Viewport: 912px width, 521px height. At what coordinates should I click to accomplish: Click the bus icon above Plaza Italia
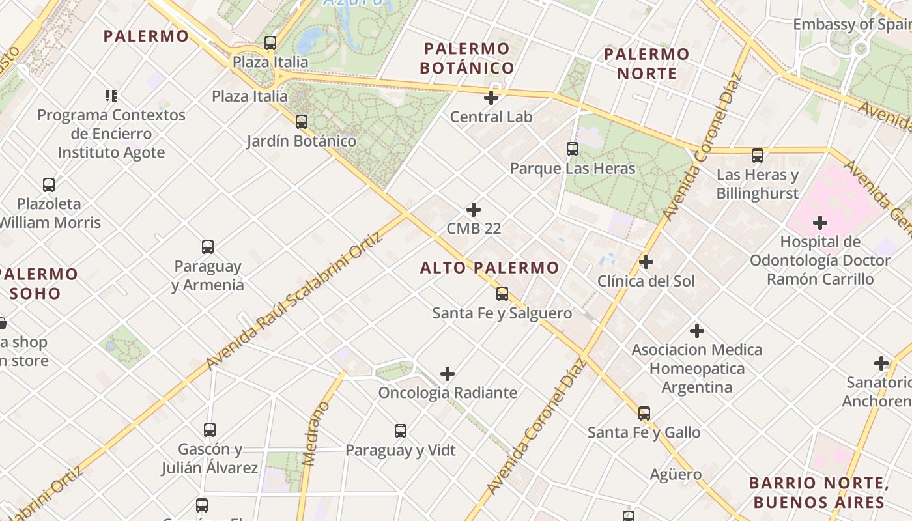tap(270, 43)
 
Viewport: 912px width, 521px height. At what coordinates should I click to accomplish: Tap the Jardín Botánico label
tap(302, 141)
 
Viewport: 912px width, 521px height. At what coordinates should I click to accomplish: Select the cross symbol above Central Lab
tap(491, 98)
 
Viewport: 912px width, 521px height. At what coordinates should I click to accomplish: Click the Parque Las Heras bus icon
tap(573, 149)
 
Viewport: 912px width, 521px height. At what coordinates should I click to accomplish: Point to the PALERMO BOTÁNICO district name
tap(467, 58)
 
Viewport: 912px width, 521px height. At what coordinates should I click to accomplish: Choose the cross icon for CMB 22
tap(474, 210)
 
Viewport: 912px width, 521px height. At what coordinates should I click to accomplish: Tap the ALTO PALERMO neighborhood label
tap(489, 268)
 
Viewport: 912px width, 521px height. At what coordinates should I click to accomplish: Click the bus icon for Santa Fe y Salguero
tap(502, 294)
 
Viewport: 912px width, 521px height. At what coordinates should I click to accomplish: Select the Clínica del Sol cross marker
tap(646, 262)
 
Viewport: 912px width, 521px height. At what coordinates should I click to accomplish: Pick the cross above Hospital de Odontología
tap(819, 223)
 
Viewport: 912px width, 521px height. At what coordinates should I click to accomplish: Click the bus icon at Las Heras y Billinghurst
tap(757, 156)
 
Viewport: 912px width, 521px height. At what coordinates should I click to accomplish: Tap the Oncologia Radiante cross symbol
tap(448, 374)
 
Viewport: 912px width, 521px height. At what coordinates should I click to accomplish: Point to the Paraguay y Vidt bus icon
tap(401, 431)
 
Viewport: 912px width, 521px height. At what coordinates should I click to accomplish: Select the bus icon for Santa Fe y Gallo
tap(644, 413)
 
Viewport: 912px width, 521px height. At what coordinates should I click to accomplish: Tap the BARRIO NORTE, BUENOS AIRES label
tap(819, 492)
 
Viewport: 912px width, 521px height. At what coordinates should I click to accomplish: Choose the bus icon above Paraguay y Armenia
tap(208, 247)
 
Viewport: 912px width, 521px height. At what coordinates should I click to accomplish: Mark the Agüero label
tap(676, 475)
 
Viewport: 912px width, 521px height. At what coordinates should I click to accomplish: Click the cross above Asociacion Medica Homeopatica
tap(697, 331)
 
